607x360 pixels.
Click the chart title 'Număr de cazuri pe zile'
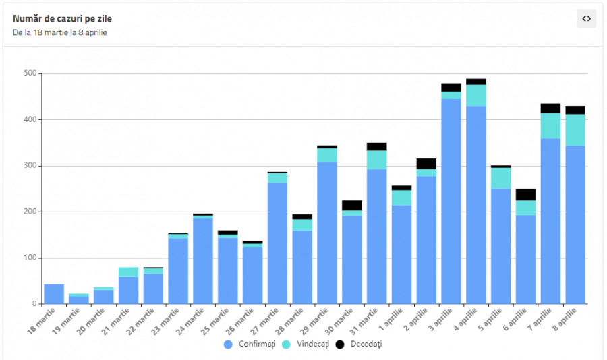tap(62, 18)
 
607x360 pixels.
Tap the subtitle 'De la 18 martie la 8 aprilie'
tap(59, 32)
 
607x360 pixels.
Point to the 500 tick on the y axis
tap(30, 73)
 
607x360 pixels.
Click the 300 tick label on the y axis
tap(30, 166)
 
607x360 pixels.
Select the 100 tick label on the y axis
tap(30, 258)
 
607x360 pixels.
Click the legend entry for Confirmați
tap(250, 344)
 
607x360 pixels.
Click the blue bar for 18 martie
tap(54, 294)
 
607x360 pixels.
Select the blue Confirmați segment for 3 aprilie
tap(451, 202)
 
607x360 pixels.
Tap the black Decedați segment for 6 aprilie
tap(525, 195)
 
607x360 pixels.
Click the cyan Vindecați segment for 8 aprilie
tap(575, 130)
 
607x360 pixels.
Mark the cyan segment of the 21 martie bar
tap(128, 272)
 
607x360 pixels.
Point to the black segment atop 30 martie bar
tap(352, 206)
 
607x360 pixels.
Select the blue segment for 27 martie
tap(277, 243)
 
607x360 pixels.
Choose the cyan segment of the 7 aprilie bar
tap(550, 126)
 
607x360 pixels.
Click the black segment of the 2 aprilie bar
tap(426, 164)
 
